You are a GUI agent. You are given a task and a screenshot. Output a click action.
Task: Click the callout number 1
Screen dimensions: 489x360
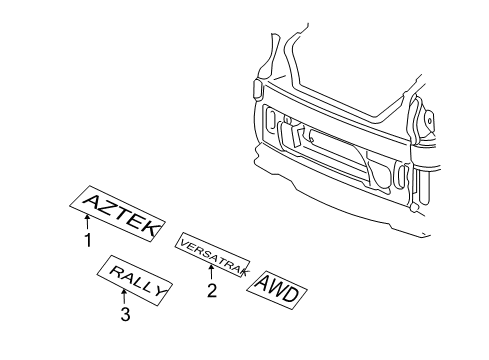pyautogui.click(x=88, y=240)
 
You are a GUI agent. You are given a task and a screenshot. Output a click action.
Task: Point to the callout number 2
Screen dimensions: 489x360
pyautogui.click(x=211, y=292)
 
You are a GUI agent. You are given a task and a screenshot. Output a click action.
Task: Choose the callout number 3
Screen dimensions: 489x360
pyautogui.click(x=124, y=316)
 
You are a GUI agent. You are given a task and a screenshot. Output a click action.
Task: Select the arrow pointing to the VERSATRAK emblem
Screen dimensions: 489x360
pyautogui.click(x=211, y=275)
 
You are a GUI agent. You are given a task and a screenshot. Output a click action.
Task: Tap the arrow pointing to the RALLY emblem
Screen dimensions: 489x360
pyautogui.click(x=124, y=298)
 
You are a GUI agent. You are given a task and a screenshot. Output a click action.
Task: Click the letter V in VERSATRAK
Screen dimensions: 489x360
pyautogui.click(x=182, y=243)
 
